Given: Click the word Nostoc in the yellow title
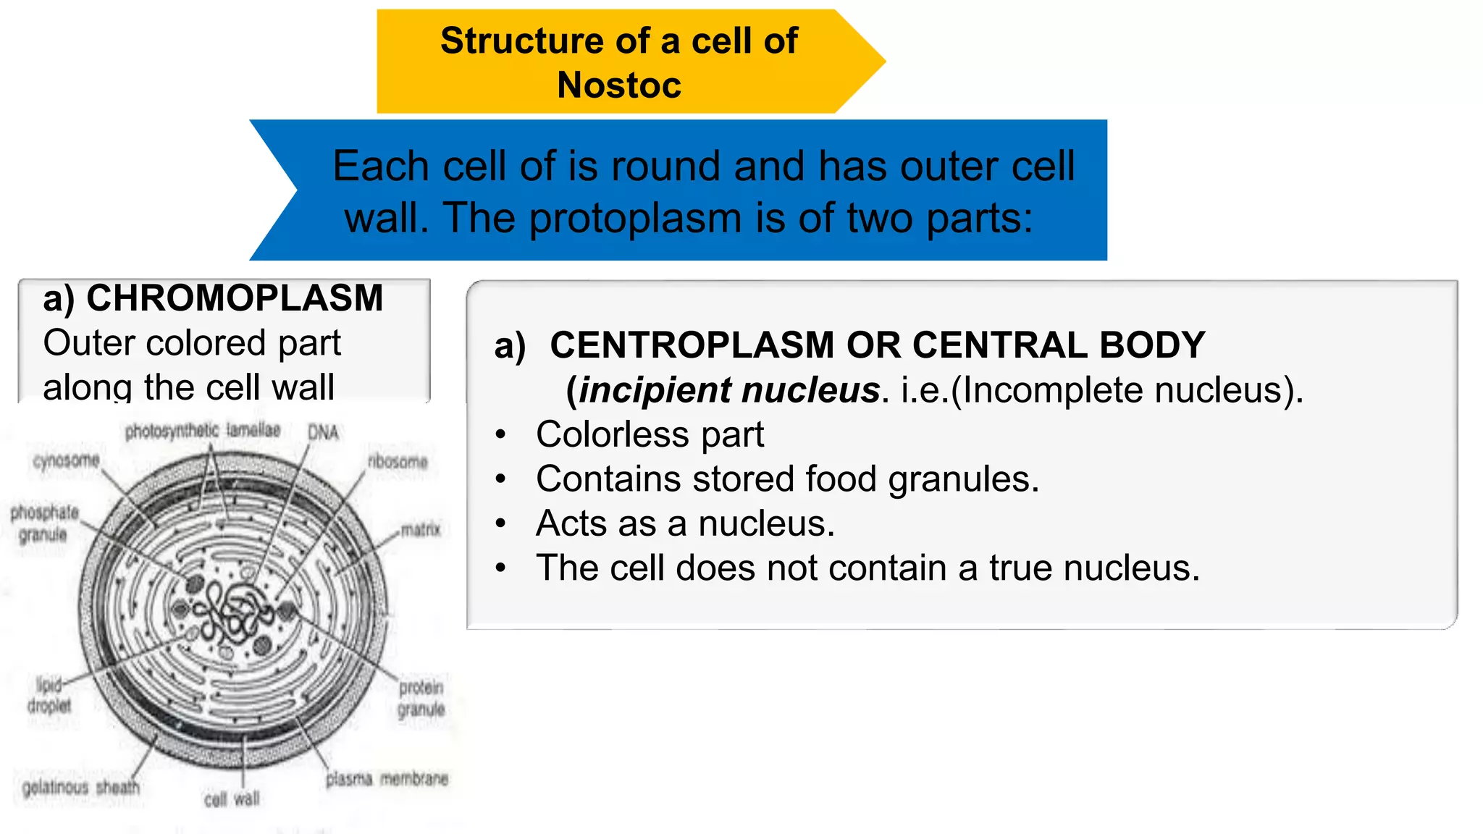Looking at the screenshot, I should coord(619,85).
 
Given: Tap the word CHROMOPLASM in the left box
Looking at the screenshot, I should coord(235,298).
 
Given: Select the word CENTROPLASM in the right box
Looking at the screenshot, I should coord(692,345).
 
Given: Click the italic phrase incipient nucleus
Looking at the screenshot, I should coord(729,390).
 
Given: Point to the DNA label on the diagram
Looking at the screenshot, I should coord(323,432).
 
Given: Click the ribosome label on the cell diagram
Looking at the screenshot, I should coord(398,461).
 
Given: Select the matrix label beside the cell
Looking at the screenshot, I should coord(421,530).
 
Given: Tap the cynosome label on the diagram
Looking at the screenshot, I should coord(66,460).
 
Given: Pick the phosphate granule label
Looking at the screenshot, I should coord(44,523).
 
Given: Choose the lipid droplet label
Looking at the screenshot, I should coord(49,695).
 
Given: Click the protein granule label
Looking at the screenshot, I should coord(421,698).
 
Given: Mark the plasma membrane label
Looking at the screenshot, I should coord(387,779).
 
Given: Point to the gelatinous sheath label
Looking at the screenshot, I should coord(81,787).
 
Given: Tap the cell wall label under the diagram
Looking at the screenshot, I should coord(232,799).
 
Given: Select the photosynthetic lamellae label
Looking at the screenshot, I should coord(202,431).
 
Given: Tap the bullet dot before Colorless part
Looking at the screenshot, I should coord(500,434).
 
